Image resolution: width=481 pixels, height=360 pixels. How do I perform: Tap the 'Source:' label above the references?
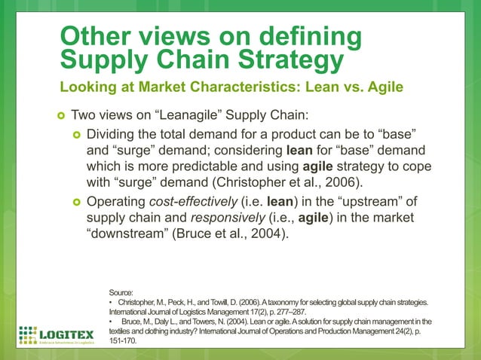[x=121, y=292]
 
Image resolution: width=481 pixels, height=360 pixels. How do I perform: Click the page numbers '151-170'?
[x=125, y=340]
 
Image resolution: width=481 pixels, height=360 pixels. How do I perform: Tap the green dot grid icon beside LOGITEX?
[x=28, y=334]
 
